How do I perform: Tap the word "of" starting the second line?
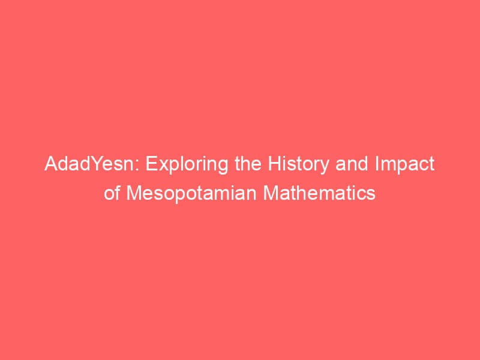point(112,193)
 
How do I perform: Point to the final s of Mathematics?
point(371,194)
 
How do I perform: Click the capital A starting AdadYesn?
point(50,165)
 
